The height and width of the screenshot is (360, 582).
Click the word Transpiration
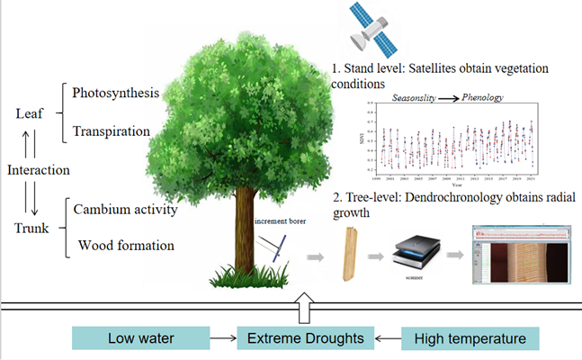[112, 130]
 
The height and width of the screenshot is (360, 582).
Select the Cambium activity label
[126, 211]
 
